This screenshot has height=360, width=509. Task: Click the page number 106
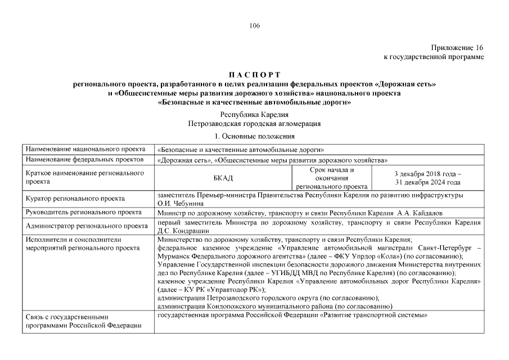coord(254,25)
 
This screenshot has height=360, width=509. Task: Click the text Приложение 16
coord(457,48)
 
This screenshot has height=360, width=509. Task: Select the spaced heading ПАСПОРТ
coord(254,75)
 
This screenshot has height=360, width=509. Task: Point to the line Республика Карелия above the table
coord(254,114)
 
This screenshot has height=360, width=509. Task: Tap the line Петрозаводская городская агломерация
coord(254,123)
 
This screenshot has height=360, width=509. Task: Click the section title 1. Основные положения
coord(254,136)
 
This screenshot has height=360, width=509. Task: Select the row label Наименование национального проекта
coord(82,150)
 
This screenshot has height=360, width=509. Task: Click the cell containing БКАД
coord(223,178)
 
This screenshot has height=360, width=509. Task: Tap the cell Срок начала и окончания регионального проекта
coord(332,178)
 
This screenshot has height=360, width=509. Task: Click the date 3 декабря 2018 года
coord(427,174)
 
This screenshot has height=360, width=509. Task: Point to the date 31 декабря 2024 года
coord(427,182)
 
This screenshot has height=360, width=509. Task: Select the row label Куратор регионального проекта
coord(75,199)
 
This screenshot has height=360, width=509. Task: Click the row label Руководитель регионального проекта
coord(83,213)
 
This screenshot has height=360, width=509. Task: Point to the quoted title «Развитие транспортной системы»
coord(373,316)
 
